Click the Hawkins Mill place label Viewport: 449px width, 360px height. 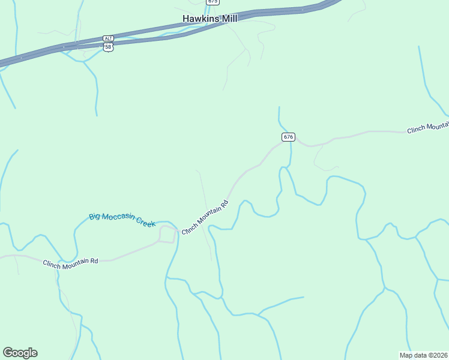pos(210,19)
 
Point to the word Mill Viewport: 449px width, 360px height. pos(229,19)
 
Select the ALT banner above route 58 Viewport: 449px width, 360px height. pos(108,38)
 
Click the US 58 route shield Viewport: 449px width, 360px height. pos(108,47)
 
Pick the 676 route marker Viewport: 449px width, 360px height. pos(288,137)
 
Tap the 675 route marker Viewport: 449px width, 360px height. pos(212,2)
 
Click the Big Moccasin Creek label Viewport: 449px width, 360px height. pos(122,220)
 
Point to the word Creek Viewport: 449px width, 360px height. pos(145,223)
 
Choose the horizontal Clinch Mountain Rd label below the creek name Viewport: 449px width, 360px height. pos(70,262)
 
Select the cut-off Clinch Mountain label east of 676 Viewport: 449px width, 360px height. pos(427,127)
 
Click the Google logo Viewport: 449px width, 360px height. pos(20,353)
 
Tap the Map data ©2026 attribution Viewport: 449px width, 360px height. pos(423,355)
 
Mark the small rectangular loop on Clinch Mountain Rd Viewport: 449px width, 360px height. pos(167,234)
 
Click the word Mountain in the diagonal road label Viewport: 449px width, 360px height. pos(208,215)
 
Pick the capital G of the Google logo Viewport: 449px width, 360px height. pos(8,352)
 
